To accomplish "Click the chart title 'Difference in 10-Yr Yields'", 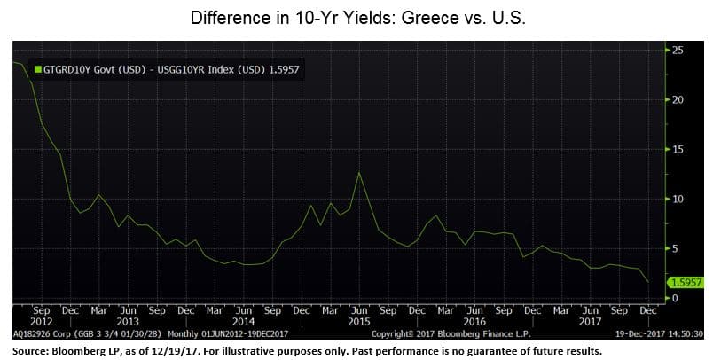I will pos(356,17).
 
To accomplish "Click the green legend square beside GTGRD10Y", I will pos(36,67).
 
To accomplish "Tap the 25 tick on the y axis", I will pos(677,51).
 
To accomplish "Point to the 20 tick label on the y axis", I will pos(677,99).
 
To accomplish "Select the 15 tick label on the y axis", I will pos(677,149).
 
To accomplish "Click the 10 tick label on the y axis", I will pos(677,199).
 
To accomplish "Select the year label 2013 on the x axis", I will pos(129,322).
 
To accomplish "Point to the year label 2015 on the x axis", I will pos(357,322).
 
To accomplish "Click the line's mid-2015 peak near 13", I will pos(358,172).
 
